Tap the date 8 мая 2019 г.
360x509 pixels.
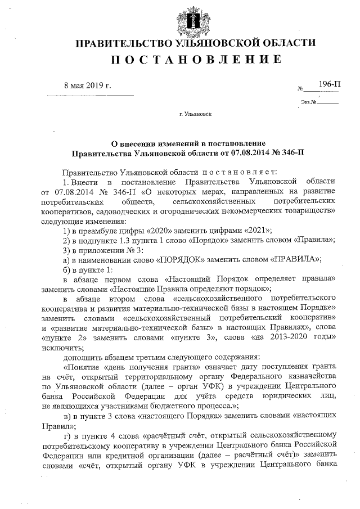(88, 85)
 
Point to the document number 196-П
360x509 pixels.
(329, 84)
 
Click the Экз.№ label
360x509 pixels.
(308, 102)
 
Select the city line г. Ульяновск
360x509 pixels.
(195, 114)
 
